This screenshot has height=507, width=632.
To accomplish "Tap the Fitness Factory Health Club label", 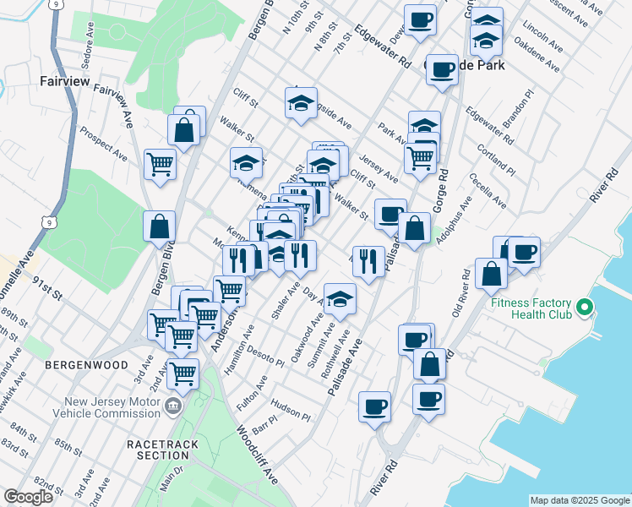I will (x=540, y=308).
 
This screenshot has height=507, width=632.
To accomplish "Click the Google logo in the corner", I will (x=28, y=497).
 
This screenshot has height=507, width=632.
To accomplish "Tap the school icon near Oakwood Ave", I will (x=340, y=299).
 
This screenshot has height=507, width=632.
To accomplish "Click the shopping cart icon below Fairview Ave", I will (x=159, y=164).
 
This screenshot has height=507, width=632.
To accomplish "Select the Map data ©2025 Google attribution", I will (x=579, y=499).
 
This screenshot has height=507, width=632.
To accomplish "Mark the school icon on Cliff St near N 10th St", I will (x=301, y=103).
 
